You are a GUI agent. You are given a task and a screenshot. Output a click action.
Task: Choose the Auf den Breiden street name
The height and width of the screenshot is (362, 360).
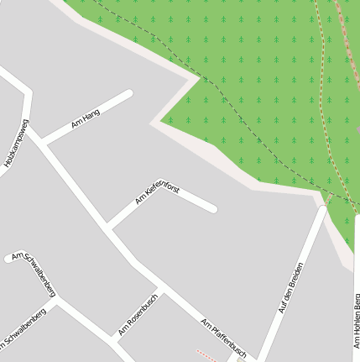tap(291, 287)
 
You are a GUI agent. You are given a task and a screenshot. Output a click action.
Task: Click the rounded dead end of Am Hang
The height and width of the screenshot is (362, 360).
tap(128, 94)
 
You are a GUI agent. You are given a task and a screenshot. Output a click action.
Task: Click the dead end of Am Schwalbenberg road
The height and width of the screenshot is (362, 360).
tap(9, 258)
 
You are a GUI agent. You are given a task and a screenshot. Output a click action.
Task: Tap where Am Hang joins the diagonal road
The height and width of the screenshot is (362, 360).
tap(47, 143)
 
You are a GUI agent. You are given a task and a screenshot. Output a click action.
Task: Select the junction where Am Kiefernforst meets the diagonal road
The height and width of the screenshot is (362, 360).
tap(110, 228)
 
